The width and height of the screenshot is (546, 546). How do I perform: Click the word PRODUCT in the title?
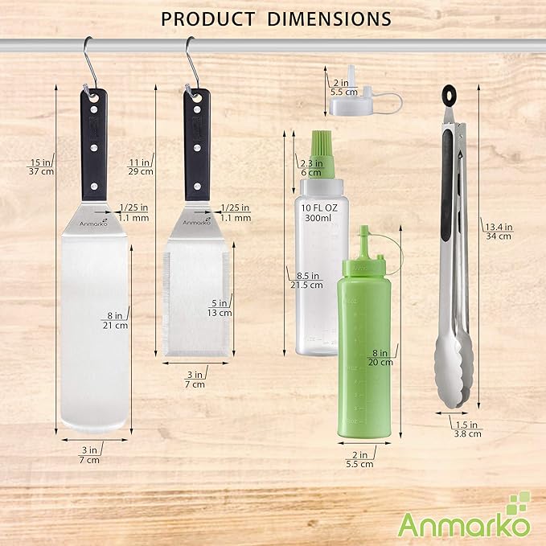[207, 18]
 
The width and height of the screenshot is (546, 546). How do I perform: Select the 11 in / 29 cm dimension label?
[141, 166]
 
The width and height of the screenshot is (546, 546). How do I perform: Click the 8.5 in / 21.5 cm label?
[302, 280]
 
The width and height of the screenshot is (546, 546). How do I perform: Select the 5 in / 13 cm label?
[219, 308]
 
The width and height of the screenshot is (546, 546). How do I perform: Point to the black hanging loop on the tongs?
[446, 95]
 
